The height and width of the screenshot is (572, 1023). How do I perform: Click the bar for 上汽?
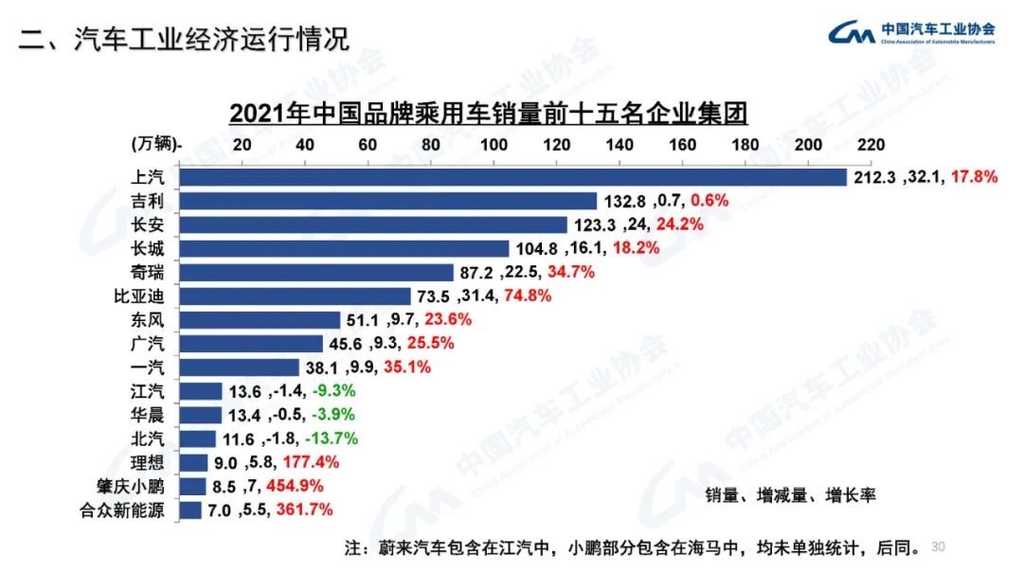[511, 177]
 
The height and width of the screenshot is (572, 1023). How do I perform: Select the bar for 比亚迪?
[295, 296]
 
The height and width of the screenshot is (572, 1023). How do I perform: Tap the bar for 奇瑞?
[316, 273]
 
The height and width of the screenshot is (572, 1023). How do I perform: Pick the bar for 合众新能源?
[190, 510]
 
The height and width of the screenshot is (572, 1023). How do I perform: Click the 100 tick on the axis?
[494, 144]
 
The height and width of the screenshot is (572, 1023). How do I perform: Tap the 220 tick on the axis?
[870, 144]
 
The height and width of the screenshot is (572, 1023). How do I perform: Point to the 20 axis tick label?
[242, 144]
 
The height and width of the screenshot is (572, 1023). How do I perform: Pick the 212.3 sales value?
[873, 178]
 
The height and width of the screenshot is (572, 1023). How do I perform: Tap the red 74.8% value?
[527, 296]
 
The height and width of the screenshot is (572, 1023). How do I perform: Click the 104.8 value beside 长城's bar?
[537, 249]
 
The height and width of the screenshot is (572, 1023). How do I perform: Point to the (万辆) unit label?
[154, 144]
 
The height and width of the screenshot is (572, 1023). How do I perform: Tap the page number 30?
[939, 546]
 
